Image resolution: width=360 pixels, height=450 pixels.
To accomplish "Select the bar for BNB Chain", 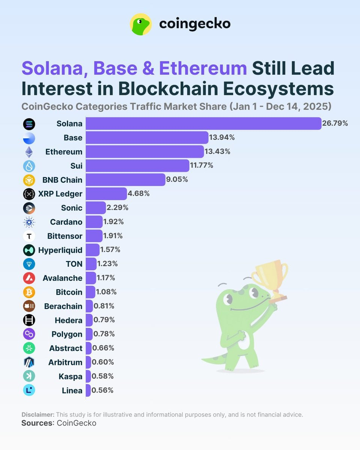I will (x=125, y=180).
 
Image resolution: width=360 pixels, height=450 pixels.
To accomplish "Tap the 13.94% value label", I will (x=222, y=138).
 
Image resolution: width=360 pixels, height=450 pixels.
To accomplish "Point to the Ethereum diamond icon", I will (x=29, y=152).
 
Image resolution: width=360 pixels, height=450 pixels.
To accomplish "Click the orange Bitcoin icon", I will (x=29, y=292).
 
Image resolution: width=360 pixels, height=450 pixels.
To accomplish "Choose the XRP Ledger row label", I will (x=60, y=194).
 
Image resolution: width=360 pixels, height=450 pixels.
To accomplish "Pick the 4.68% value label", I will (x=139, y=194).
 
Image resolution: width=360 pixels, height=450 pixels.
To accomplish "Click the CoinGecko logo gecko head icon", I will (x=141, y=24).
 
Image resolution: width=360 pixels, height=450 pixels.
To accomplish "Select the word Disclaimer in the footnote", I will (x=38, y=415).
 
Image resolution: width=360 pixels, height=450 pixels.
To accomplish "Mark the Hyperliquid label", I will (x=60, y=250).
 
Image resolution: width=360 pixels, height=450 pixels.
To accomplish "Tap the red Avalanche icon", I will (x=29, y=278).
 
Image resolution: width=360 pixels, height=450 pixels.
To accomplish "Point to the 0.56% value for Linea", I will (x=103, y=390).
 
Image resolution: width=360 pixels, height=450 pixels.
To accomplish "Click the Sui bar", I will (x=137, y=166).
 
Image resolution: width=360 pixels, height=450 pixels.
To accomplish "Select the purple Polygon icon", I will (x=29, y=334).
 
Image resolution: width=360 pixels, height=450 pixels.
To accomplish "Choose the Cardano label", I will (x=66, y=222).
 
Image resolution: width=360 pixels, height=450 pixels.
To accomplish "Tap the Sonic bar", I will (x=96, y=208).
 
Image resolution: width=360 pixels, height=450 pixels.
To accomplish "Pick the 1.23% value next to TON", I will (x=108, y=264).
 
